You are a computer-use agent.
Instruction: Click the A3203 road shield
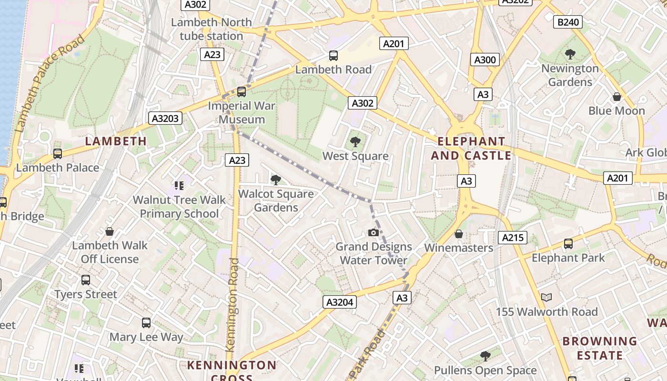coord(166,118)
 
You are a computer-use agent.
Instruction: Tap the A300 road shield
coord(485,60)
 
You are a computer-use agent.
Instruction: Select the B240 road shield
coord(568,22)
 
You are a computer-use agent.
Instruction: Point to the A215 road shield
coord(513,237)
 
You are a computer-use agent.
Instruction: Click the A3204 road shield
coord(340,302)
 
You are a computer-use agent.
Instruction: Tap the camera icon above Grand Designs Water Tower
coord(374,232)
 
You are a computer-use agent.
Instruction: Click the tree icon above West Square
coord(355,141)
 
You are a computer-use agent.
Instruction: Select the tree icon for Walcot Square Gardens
coord(275,180)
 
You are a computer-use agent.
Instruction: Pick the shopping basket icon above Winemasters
coord(458,234)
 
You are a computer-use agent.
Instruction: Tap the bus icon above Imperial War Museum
coord(242,91)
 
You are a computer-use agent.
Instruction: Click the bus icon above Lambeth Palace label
coord(58,153)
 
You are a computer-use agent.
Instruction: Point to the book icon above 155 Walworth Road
coord(546,298)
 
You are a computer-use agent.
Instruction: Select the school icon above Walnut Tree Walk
coord(179,185)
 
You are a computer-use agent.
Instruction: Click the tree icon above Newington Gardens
coord(570,54)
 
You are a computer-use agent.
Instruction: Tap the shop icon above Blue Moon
coord(617,97)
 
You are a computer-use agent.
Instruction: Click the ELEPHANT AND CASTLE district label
coord(471,148)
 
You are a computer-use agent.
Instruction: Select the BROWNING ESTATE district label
coord(599,348)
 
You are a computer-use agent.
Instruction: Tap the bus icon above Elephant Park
coord(568,244)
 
